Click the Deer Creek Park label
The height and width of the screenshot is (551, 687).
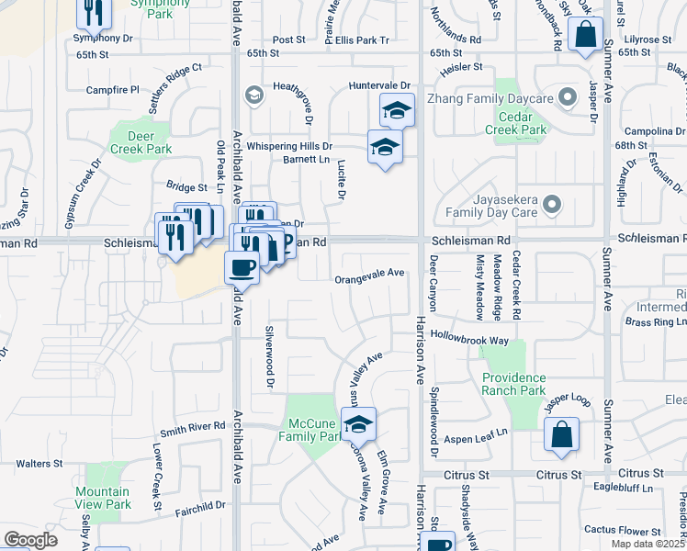pyautogui.click(x=141, y=142)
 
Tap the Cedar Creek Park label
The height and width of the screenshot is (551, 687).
pyautogui.click(x=522, y=123)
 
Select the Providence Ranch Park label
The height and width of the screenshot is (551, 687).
pyautogui.click(x=513, y=383)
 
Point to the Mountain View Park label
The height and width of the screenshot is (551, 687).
pyautogui.click(x=103, y=498)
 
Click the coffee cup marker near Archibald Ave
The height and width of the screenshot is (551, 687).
pyautogui.click(x=242, y=267)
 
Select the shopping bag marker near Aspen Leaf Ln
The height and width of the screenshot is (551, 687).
pyautogui.click(x=561, y=435)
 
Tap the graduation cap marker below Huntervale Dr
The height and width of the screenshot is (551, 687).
pyautogui.click(x=397, y=110)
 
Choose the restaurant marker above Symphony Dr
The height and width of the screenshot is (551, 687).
pyautogui.click(x=94, y=11)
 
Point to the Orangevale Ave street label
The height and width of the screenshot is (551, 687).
pyautogui.click(x=369, y=274)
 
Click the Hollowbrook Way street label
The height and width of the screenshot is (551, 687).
pyautogui.click(x=469, y=339)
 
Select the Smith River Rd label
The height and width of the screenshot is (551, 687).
pyautogui.click(x=193, y=427)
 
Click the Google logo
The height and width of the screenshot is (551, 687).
pyautogui.click(x=30, y=540)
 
